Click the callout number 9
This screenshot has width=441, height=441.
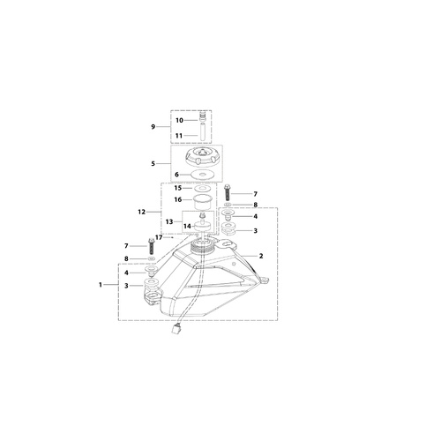[x=153, y=127]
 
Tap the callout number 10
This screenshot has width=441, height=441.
[x=179, y=120]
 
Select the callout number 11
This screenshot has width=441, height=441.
[x=179, y=136]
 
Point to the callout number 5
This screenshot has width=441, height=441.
[x=153, y=163]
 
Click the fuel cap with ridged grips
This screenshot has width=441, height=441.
[x=201, y=159]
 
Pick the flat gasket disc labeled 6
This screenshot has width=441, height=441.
[x=201, y=175]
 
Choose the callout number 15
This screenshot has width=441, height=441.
[x=178, y=188]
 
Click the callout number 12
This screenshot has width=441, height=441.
[x=142, y=212]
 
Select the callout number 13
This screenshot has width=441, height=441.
[x=169, y=221]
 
